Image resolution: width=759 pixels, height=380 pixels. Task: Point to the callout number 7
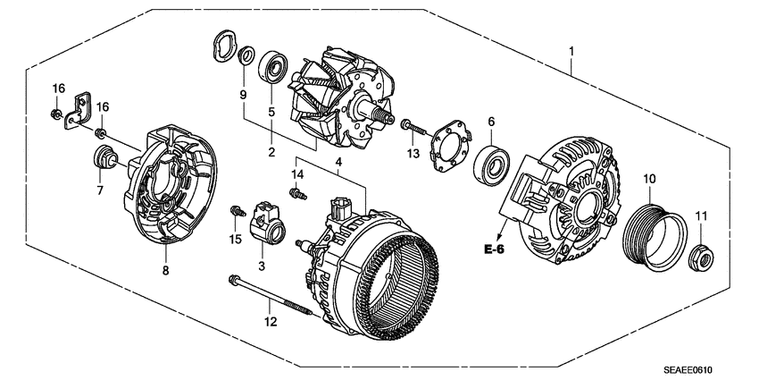(x=100, y=190)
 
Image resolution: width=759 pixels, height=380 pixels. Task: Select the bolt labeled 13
(x=408, y=127)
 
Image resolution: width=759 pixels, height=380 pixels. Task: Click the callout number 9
(x=241, y=95)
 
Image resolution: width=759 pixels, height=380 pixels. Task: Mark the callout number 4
(x=337, y=162)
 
